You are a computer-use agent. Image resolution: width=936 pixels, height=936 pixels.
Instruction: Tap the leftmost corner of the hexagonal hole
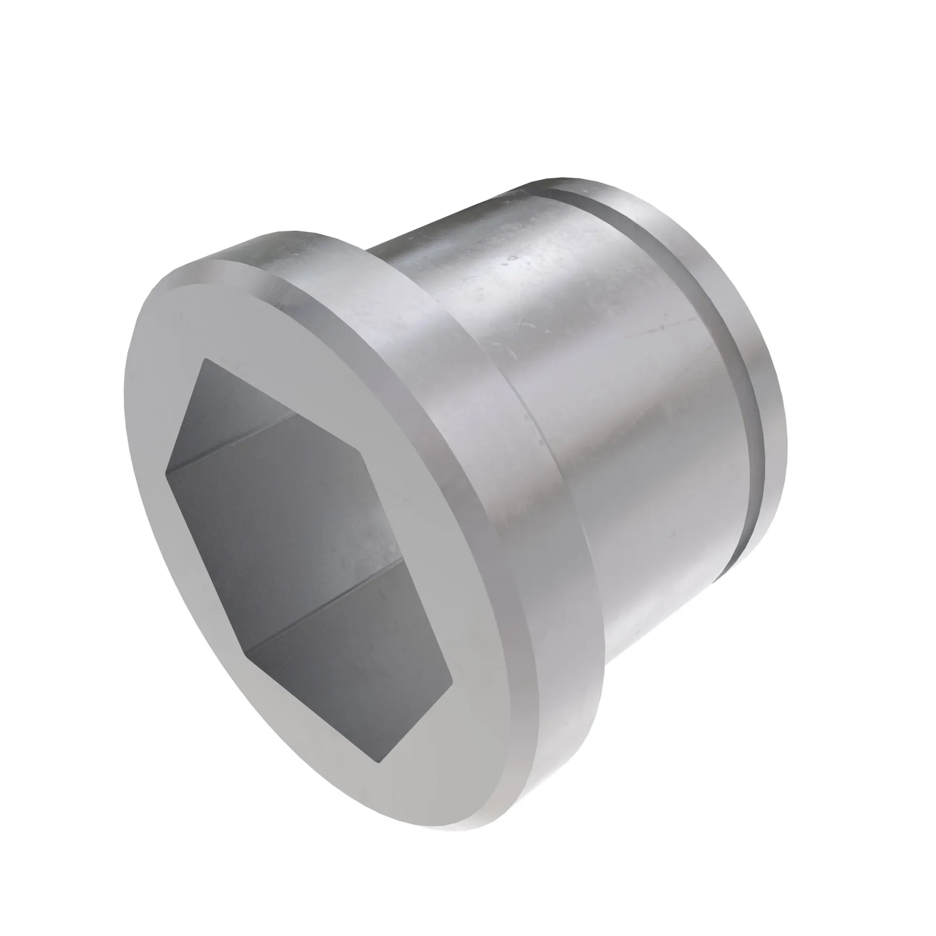click(x=166, y=469)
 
